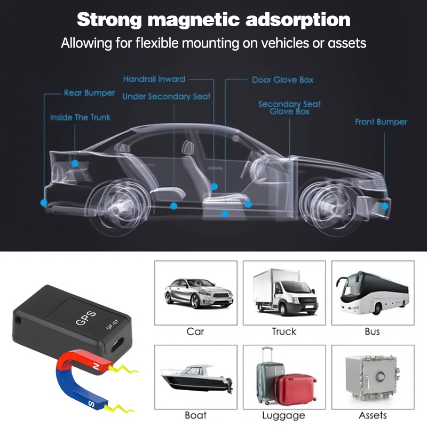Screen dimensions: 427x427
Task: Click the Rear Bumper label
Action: tap(89, 93)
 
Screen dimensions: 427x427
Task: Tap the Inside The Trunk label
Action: tap(80, 117)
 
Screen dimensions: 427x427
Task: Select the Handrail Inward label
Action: tap(154, 79)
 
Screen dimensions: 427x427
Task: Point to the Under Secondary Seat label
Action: tap(166, 97)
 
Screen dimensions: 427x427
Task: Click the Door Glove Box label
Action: tap(282, 80)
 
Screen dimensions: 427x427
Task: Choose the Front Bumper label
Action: tap(381, 122)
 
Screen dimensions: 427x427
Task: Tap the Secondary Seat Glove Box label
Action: tap(289, 107)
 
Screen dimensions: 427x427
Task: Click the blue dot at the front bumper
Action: tap(384, 205)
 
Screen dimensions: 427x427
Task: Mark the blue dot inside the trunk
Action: tap(75, 161)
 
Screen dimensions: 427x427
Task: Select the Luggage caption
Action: tap(283, 415)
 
